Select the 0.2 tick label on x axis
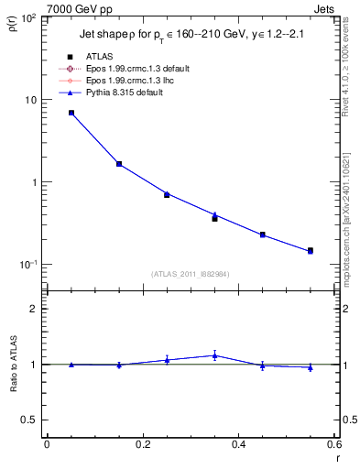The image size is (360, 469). click(x=142, y=444)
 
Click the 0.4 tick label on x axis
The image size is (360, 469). click(x=238, y=444)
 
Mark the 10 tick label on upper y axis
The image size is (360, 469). click(x=34, y=100)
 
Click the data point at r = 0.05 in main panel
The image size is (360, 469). click(x=71, y=113)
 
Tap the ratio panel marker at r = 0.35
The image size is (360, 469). click(x=214, y=355)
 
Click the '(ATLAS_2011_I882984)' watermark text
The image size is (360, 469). click(x=190, y=274)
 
